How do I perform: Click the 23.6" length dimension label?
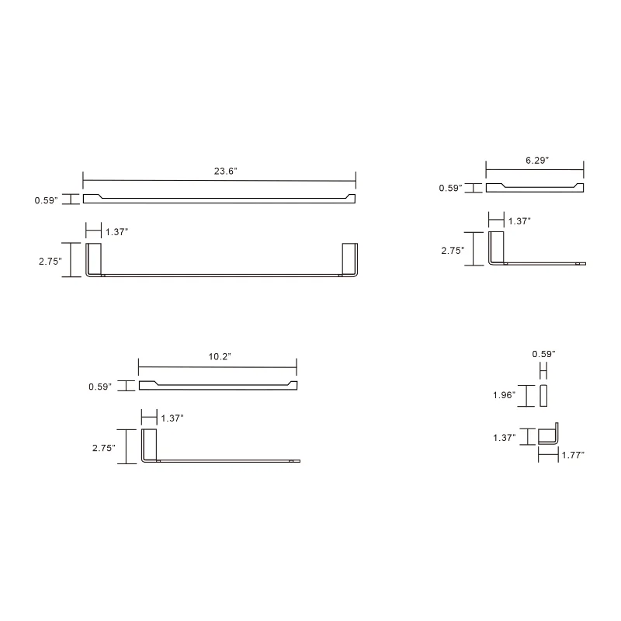click(x=225, y=172)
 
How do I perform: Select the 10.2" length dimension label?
click(x=220, y=356)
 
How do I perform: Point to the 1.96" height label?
click(x=505, y=395)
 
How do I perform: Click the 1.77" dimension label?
click(x=572, y=455)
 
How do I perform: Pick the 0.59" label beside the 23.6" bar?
click(x=45, y=200)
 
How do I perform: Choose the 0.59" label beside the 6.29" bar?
click(x=450, y=188)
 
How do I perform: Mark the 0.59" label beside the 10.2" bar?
click(x=101, y=386)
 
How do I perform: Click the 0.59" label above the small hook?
click(x=543, y=355)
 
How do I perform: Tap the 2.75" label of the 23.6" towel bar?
click(x=50, y=262)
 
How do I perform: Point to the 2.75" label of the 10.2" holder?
click(x=103, y=448)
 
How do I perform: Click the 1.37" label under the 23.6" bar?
click(x=117, y=232)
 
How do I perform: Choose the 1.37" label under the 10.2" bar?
click(x=172, y=418)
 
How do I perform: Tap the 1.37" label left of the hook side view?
click(x=505, y=438)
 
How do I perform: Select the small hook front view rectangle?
click(x=544, y=395)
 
